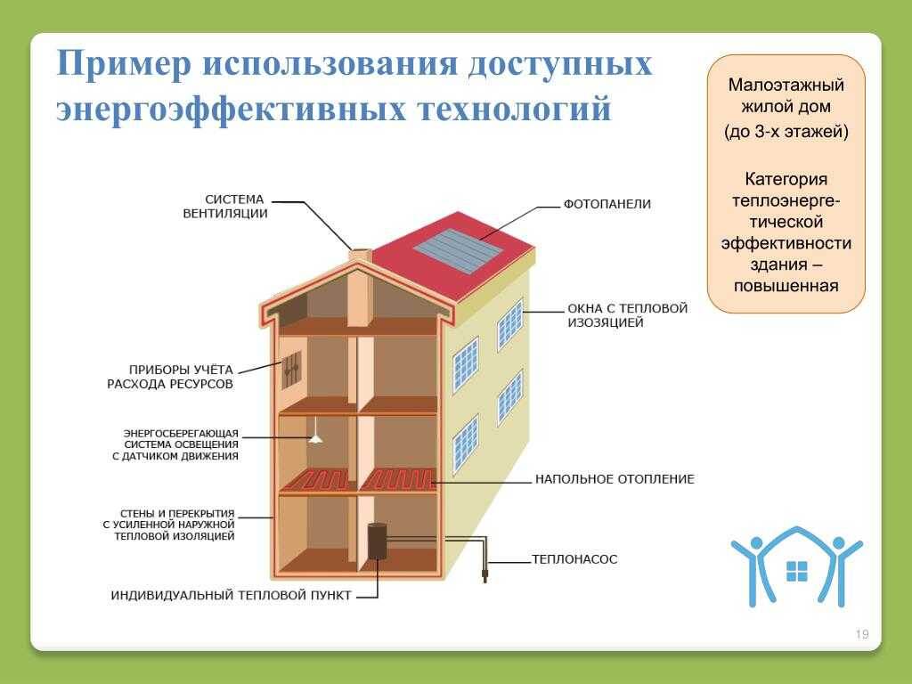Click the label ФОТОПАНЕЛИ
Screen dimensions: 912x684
pyautogui.click(x=607, y=204)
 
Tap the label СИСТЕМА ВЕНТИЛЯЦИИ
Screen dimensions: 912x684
pyautogui.click(x=225, y=207)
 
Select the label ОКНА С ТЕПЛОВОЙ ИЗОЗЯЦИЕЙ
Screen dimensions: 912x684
pyautogui.click(x=628, y=315)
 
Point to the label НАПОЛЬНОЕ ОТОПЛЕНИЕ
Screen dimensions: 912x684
pyautogui.click(x=615, y=479)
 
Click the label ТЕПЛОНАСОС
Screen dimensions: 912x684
pyautogui.click(x=574, y=559)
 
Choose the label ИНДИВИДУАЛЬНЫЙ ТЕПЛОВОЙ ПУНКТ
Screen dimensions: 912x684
pyautogui.click(x=231, y=596)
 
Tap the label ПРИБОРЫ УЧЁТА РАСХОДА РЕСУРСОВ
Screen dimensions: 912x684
pyautogui.click(x=170, y=377)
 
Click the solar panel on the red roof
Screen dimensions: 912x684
pyautogui.click(x=459, y=252)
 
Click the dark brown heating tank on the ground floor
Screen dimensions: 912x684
pyautogui.click(x=377, y=541)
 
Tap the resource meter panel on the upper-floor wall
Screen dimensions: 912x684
pyautogui.click(x=292, y=370)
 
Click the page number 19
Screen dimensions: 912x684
pyautogui.click(x=862, y=634)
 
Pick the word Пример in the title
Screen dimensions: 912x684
pyautogui.click(x=124, y=63)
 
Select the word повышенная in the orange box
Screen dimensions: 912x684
pyautogui.click(x=786, y=286)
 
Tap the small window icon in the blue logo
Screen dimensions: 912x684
pyautogui.click(x=796, y=571)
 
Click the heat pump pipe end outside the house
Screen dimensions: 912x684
pyautogui.click(x=484, y=577)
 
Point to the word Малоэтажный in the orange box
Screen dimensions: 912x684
pyautogui.click(x=786, y=85)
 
